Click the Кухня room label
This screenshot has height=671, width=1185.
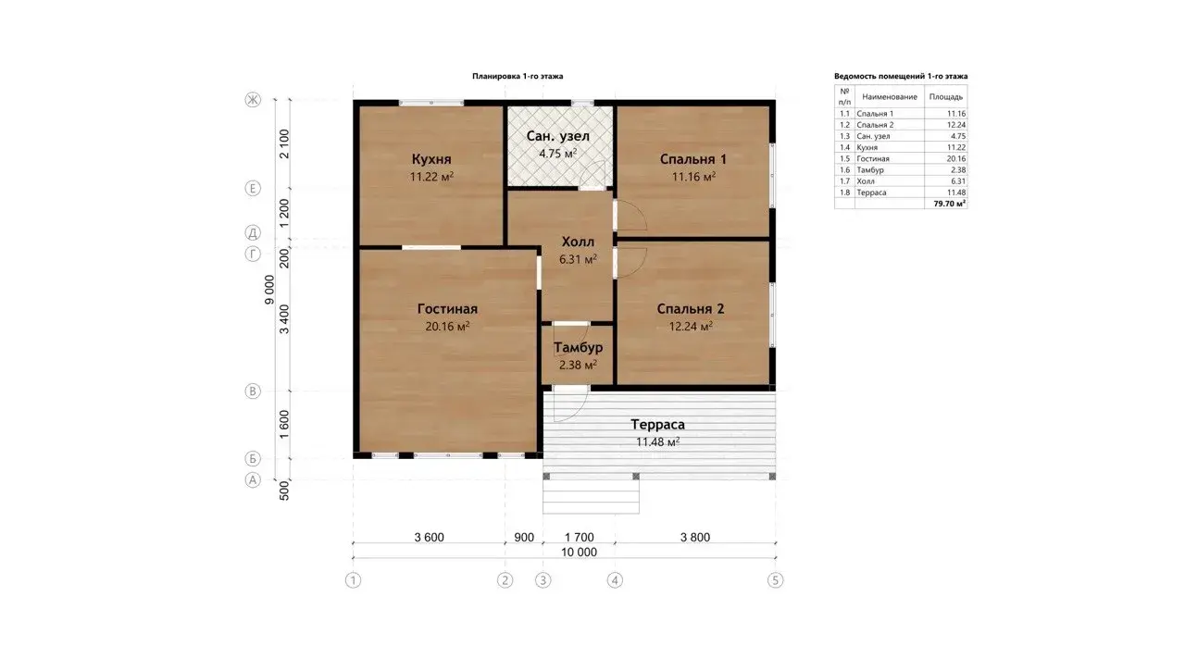[431, 159]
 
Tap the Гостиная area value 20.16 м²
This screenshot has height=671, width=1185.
[447, 327]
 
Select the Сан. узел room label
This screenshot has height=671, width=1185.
[557, 136]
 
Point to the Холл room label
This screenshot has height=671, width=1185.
[578, 242]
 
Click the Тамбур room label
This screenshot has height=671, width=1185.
[579, 347]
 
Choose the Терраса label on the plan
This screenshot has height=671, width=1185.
[657, 424]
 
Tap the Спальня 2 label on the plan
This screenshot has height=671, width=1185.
[691, 309]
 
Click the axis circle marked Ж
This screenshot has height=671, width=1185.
[253, 99]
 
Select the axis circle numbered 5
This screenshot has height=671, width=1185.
[775, 580]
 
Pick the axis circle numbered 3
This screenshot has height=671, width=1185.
[543, 580]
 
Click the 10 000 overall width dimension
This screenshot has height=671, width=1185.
[579, 552]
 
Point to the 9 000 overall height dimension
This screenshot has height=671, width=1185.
[269, 290]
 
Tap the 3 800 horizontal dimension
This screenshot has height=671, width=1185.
[695, 537]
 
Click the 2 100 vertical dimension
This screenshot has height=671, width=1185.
[284, 143]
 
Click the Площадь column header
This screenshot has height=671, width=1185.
[946, 97]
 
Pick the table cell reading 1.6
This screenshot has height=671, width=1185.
[844, 169]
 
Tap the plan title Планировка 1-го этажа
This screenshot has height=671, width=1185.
[518, 76]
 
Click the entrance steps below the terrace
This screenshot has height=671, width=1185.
[591, 496]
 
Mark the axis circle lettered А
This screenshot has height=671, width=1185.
[253, 479]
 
